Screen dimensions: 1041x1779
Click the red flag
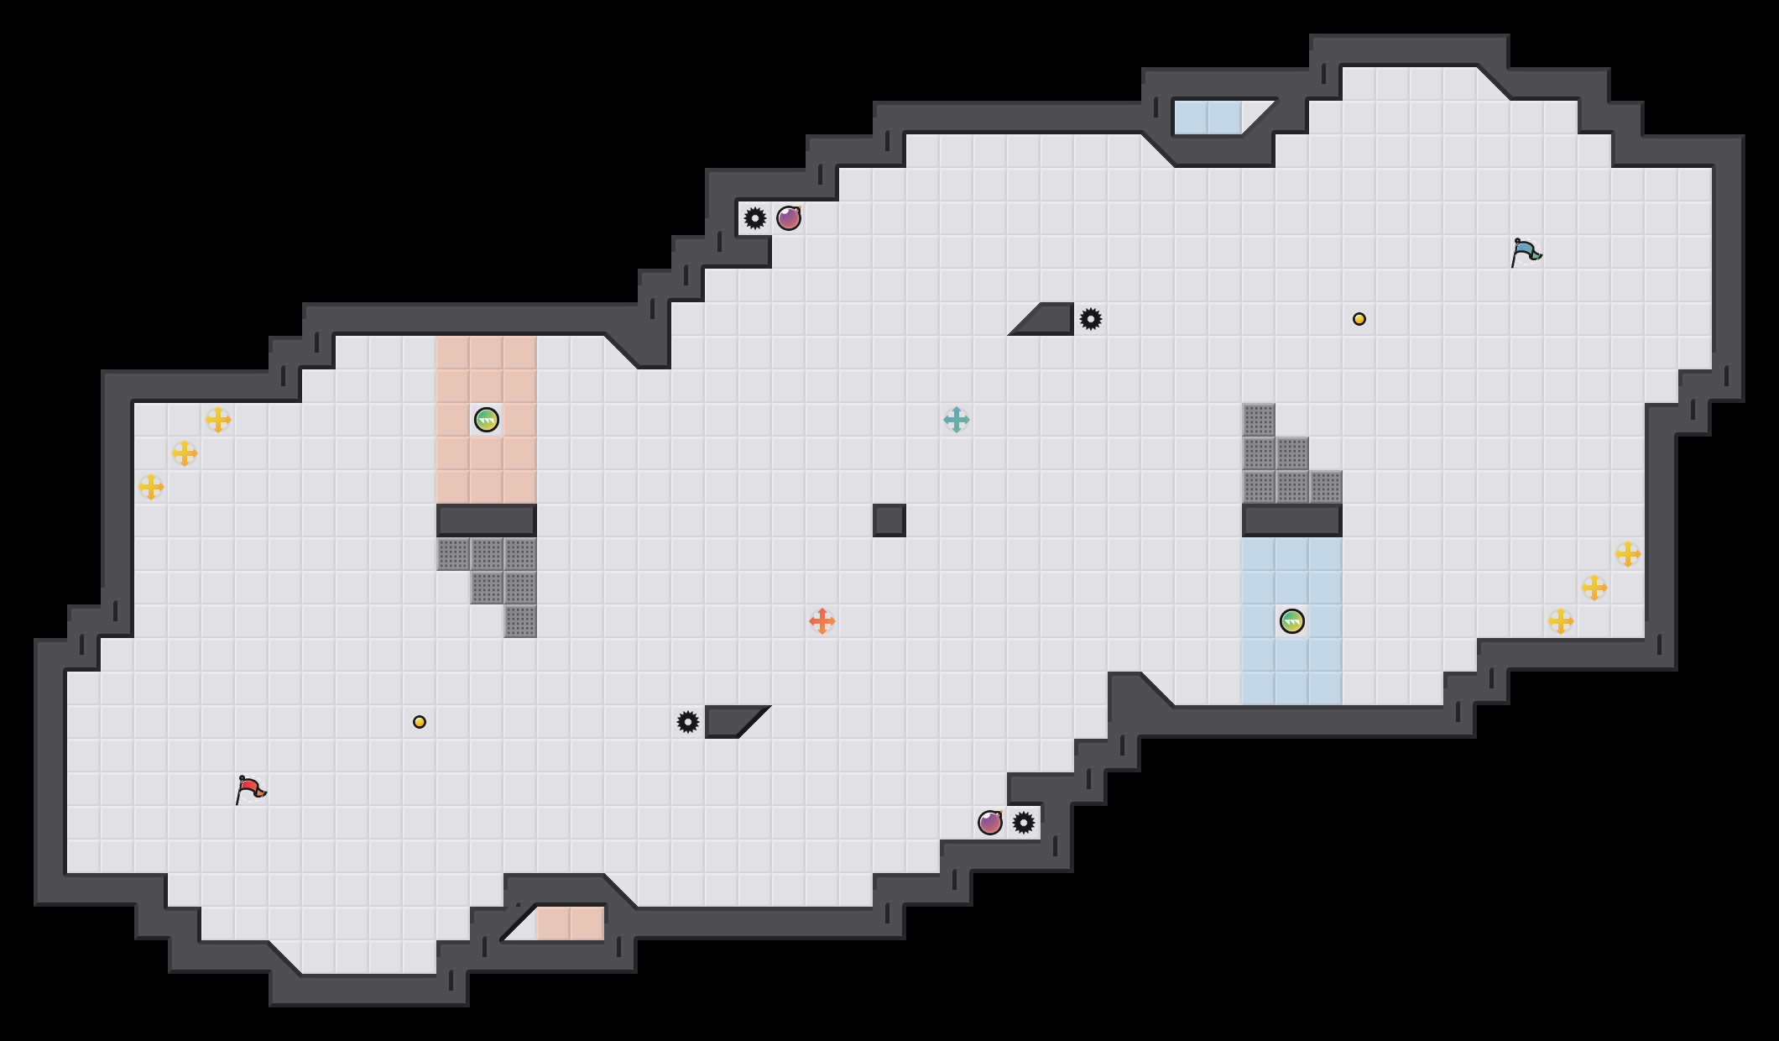pos(250,789)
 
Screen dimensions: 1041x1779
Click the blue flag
pos(1526,252)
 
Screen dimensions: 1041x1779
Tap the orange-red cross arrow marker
pos(822,621)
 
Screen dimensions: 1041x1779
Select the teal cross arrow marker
pos(957,420)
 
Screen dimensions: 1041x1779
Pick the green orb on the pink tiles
pos(487,420)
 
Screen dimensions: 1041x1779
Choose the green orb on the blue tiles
pos(1292,621)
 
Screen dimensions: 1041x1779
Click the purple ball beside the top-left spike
pos(789,218)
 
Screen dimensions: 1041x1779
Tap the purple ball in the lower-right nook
pos(990,823)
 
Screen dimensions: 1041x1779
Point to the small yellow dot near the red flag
pos(420,722)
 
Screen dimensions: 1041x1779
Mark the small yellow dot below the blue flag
pos(1359,319)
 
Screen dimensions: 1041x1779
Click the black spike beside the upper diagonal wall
pos(1091,319)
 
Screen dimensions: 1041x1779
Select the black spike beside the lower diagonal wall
pos(688,722)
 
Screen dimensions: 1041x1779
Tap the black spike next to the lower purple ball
pos(1024,823)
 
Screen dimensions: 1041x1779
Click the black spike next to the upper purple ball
pos(755,218)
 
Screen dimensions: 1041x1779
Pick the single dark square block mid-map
pos(889,520)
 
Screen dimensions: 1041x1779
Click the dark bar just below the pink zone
pos(487,520)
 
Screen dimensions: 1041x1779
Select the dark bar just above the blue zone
pos(1292,520)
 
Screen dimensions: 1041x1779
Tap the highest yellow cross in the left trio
pos(218,420)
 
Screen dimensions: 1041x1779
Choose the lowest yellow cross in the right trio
pos(1561,621)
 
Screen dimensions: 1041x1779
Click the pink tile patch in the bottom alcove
pos(571,923)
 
